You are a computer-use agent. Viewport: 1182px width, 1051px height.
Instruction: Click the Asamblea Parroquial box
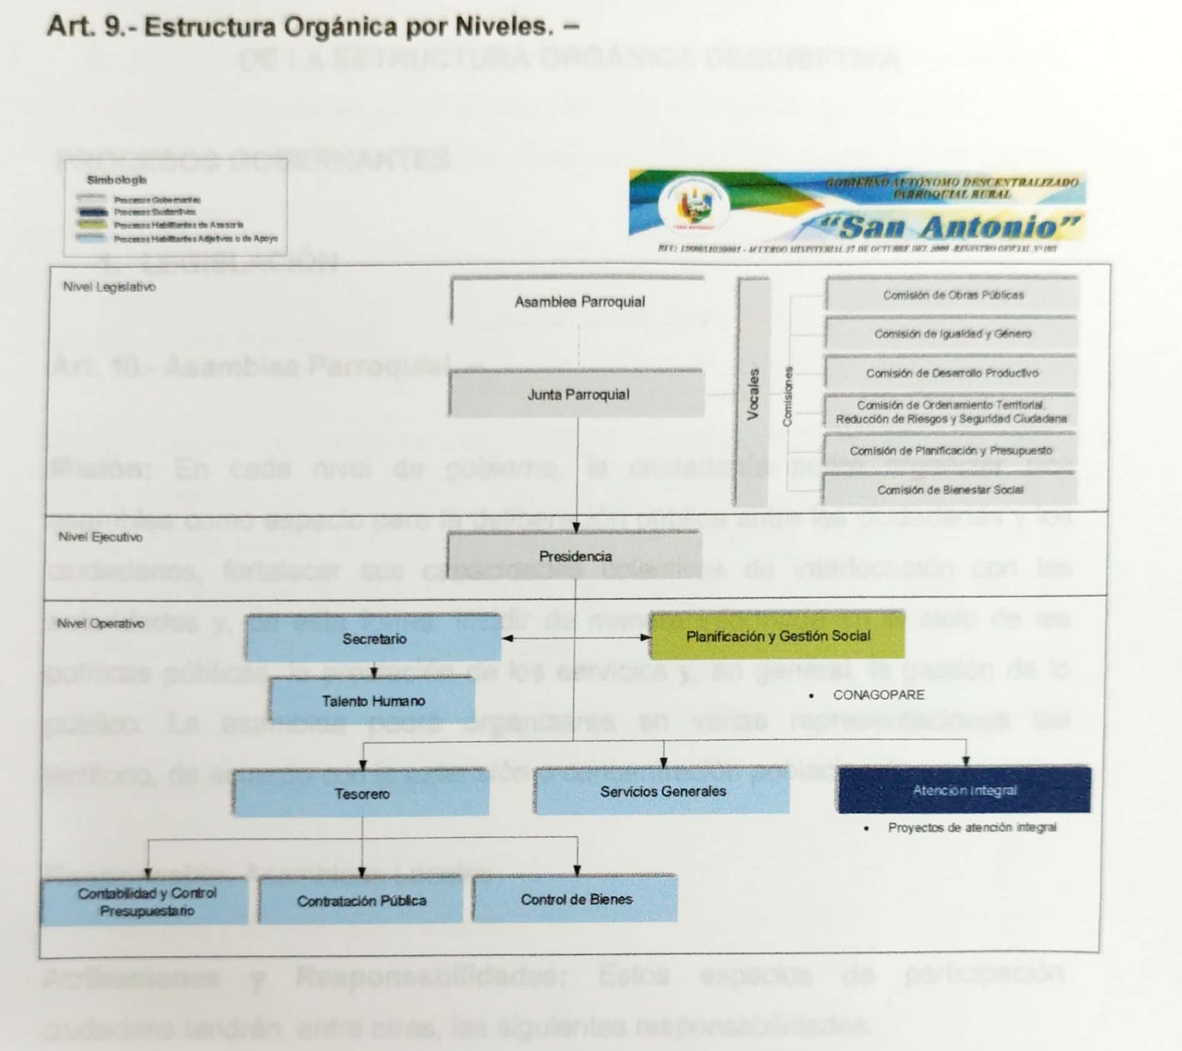[x=579, y=301]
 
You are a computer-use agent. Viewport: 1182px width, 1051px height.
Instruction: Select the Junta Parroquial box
[x=577, y=394]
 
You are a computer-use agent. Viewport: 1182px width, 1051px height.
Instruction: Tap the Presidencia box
[x=574, y=556]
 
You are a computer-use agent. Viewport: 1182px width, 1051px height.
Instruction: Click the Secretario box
[x=374, y=639]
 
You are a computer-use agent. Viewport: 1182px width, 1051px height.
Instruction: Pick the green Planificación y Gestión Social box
[x=777, y=636]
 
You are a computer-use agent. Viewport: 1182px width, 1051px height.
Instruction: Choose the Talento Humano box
[x=373, y=701]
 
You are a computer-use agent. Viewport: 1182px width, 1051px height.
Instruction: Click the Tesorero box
[x=361, y=794]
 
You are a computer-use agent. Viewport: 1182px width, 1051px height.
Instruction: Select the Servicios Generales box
[x=662, y=791]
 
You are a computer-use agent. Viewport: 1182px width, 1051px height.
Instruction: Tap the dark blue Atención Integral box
[x=964, y=790]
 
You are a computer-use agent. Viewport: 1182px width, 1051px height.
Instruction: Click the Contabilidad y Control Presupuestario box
[x=146, y=902]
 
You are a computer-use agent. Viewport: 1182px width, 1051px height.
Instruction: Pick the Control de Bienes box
[x=576, y=899]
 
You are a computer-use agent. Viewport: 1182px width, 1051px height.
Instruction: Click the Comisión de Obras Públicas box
[x=952, y=295]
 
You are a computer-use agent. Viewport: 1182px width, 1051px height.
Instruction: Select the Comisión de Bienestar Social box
[x=949, y=489]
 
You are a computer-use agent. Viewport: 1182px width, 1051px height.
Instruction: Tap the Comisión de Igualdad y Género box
[x=952, y=334]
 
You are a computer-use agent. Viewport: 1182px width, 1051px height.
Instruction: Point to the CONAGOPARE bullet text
[x=878, y=695]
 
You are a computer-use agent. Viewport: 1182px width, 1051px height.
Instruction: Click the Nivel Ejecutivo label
[x=100, y=537]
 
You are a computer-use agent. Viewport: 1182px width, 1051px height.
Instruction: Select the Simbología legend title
[x=116, y=180]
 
